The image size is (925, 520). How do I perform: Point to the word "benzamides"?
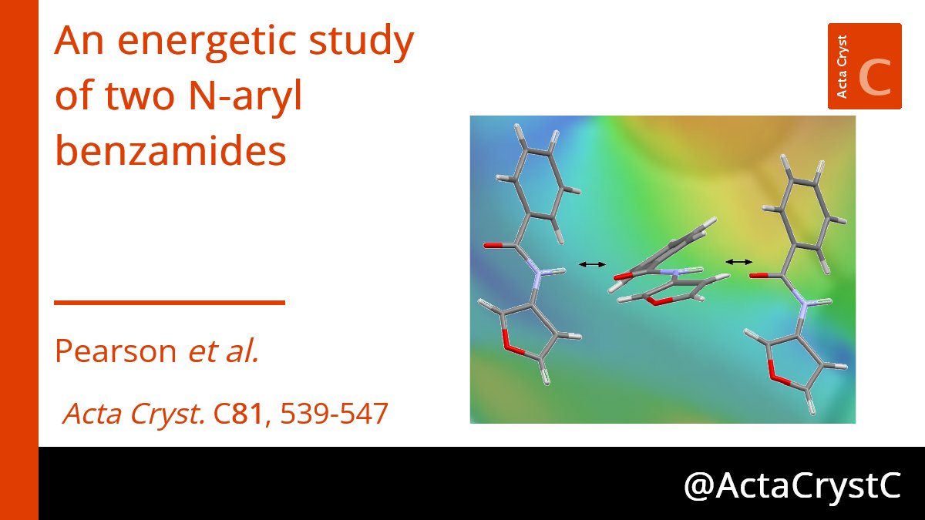tap(170, 152)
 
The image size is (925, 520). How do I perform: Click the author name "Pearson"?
tap(116, 351)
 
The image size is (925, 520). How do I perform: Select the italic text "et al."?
tap(224, 351)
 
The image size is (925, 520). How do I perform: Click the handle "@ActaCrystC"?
tap(792, 485)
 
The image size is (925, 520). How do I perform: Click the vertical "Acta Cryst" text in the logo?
tap(842, 66)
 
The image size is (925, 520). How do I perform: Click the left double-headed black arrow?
tap(592, 264)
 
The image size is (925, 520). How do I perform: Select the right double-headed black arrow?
tap(738, 262)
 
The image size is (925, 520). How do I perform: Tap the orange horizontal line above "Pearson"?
tap(170, 303)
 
